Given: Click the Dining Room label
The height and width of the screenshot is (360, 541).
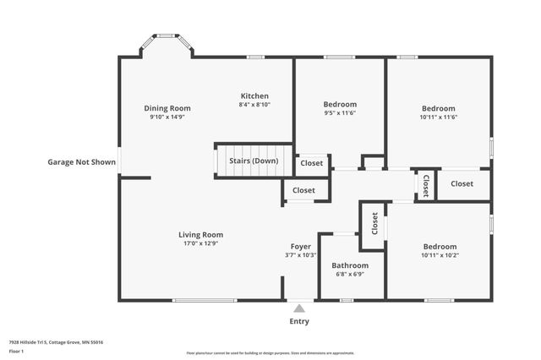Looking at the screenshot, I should [167, 108].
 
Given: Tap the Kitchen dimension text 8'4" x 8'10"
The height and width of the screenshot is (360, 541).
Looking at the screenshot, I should [254, 106].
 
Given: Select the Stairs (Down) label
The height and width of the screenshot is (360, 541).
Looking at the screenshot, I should [254, 161].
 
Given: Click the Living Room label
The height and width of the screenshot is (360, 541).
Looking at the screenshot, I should [200, 234].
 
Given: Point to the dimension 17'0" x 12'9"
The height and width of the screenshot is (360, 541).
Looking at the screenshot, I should [200, 244].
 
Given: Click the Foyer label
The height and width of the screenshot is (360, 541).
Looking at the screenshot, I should [300, 246].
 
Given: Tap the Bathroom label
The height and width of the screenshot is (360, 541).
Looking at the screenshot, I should [349, 265].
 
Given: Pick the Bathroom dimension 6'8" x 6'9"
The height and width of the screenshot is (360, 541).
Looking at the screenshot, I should [349, 274].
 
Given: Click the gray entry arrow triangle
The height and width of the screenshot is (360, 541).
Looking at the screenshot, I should [299, 308].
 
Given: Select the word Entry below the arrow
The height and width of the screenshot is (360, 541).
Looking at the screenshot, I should [299, 321].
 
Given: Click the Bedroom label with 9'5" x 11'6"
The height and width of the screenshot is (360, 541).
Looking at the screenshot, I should [340, 104].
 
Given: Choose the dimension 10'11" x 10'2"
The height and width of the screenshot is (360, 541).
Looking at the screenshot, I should [439, 255].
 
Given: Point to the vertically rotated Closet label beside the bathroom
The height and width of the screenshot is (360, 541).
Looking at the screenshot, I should [374, 223].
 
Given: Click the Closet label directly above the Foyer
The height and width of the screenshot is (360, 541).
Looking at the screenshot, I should [303, 191].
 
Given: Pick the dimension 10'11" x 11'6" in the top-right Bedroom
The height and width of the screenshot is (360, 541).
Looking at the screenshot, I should [439, 117].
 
